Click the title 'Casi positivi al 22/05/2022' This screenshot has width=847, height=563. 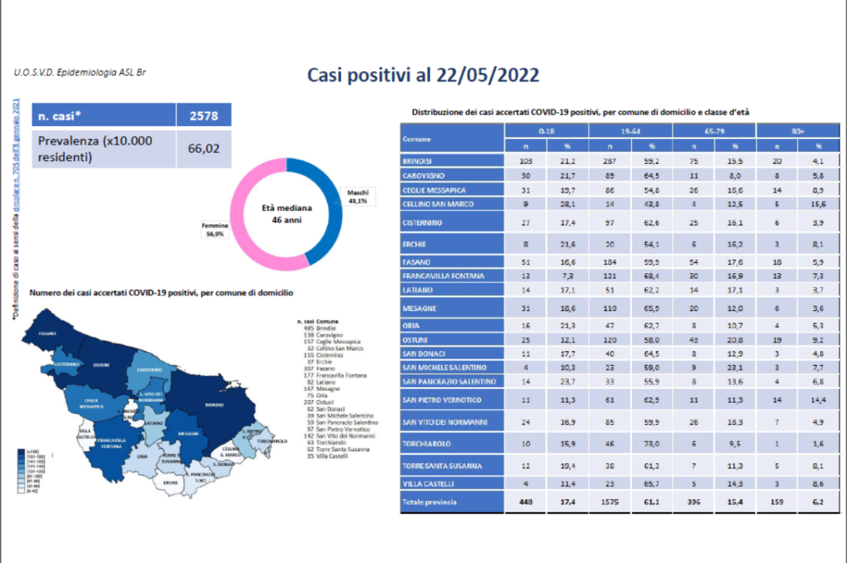point(423,75)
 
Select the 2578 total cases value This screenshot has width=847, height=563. point(203,115)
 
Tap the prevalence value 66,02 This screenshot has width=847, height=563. point(203,149)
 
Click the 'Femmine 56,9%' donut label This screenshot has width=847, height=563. point(215,230)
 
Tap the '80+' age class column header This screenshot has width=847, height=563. point(798,131)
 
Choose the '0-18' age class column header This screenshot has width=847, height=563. point(547,131)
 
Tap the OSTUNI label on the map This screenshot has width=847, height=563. point(101,364)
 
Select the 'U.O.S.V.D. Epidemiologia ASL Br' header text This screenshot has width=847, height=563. point(73,72)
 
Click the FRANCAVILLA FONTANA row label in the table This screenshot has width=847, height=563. point(444,276)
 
